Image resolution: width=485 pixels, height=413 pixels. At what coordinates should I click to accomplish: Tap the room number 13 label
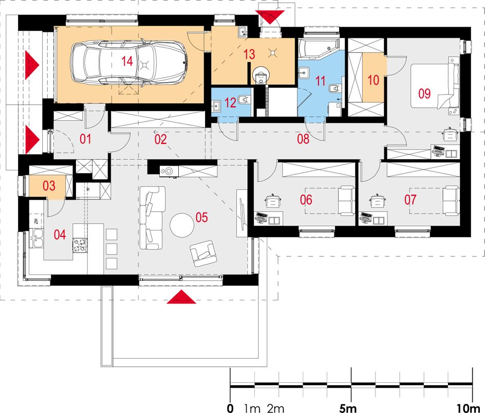tap(249, 54)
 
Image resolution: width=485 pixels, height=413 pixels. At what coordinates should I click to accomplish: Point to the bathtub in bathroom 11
tap(319, 48)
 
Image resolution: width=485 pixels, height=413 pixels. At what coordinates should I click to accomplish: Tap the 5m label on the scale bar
tap(348, 408)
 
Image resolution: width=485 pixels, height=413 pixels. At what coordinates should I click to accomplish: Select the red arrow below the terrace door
tap(181, 297)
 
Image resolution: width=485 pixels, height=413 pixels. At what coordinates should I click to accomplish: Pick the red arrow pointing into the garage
tap(32, 64)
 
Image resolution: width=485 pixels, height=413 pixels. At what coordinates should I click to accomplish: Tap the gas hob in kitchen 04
tap(80, 246)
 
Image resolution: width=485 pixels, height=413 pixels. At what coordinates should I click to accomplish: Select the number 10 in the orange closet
tap(373, 80)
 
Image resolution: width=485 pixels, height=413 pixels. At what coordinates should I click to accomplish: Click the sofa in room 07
tap(451, 200)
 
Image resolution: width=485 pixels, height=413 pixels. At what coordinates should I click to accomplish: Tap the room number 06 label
tap(306, 200)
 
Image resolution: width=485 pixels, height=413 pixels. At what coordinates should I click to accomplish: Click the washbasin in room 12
tap(216, 106)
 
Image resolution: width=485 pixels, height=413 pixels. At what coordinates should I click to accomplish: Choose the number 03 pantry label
tap(49, 186)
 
